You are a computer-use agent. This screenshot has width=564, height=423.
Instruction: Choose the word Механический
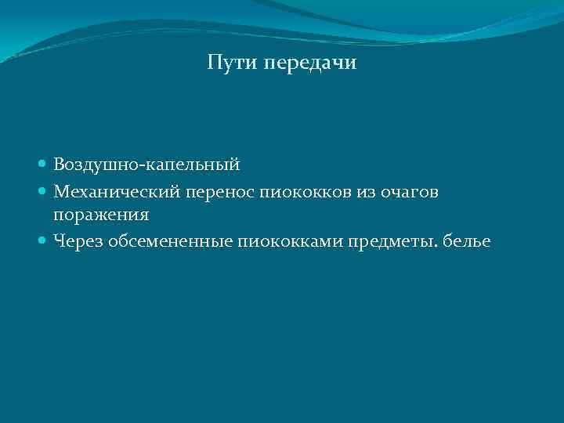pyautogui.click(x=117, y=190)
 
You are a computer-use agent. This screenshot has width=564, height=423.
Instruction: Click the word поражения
pyautogui.click(x=101, y=215)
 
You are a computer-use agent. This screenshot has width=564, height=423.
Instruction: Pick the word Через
pyautogui.click(x=76, y=241)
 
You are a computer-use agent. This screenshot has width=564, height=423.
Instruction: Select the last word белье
pyautogui.click(x=467, y=241)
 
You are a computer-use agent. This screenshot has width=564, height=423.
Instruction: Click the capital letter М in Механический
pyautogui.click(x=61, y=190)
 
